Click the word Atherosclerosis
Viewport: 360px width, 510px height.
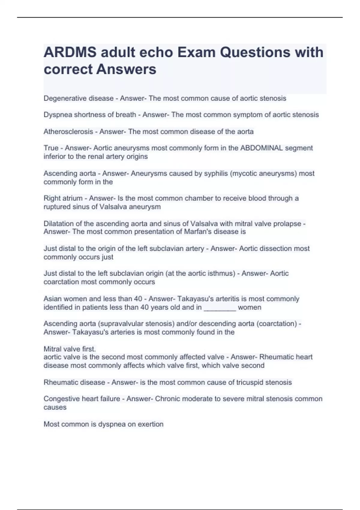68,131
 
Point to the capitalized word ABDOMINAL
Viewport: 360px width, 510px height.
262,148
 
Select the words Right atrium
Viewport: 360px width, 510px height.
63,198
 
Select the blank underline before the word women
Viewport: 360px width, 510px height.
220,307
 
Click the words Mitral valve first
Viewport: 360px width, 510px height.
70,349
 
